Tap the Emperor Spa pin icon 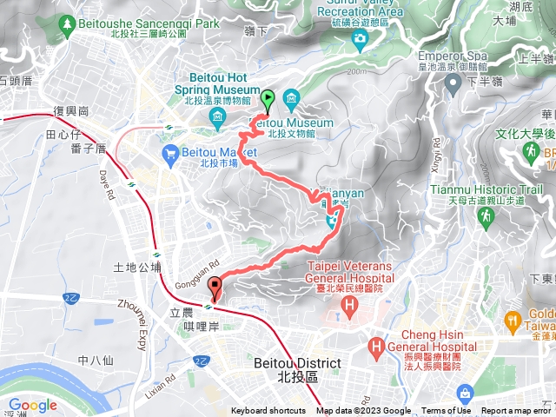click(453, 83)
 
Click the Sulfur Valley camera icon click(359, 38)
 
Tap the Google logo click(32, 405)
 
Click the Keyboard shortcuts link click(268, 411)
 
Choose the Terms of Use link click(446, 411)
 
